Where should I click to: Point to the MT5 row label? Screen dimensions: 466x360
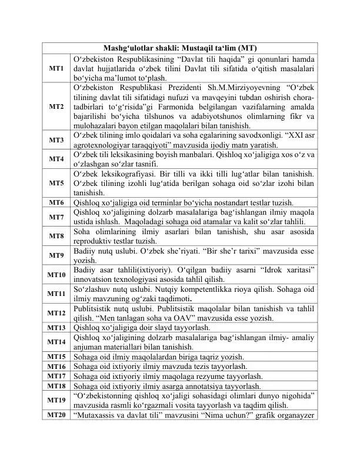[x=56, y=183]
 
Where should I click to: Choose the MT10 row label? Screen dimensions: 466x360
[x=56, y=274]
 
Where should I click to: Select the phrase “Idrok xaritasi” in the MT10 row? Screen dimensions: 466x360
[x=291, y=269]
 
